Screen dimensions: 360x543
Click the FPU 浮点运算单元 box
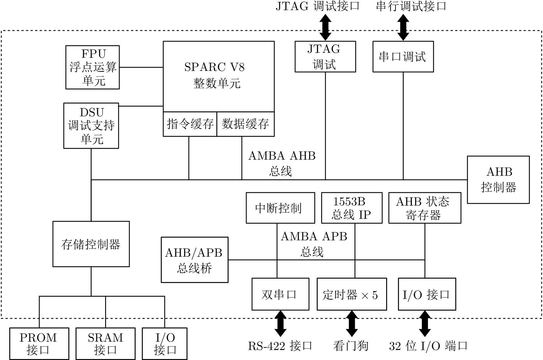tap(93, 67)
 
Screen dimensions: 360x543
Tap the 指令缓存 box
tap(190, 124)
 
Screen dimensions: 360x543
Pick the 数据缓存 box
tap(245, 124)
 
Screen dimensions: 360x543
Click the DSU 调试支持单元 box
tap(91, 126)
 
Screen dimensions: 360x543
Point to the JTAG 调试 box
tap(325, 57)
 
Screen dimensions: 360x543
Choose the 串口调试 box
tap(403, 57)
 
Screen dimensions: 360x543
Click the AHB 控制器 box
tap(498, 180)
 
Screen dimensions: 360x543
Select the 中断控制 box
tap(280, 208)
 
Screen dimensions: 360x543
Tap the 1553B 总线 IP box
tap(352, 208)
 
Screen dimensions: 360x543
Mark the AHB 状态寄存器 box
tap(425, 208)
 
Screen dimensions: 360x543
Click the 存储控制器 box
tap(91, 244)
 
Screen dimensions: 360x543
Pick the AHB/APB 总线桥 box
tap(195, 260)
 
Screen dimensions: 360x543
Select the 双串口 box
tap(280, 294)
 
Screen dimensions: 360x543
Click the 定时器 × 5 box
tap(352, 294)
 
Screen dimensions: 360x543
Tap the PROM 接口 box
tap(39, 344)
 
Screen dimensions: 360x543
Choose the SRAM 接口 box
tap(105, 344)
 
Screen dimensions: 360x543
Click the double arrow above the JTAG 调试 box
tap(326, 27)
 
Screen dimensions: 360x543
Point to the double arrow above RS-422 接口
tap(280, 324)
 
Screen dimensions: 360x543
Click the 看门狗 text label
tap(351, 346)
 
